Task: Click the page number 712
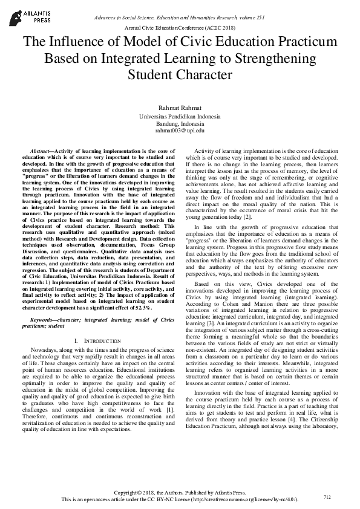[327, 497]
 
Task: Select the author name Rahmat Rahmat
[180, 107]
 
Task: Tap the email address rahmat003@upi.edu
[180, 130]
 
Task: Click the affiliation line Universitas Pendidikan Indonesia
[180, 115]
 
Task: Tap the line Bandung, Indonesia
[180, 123]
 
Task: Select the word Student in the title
[149, 75]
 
